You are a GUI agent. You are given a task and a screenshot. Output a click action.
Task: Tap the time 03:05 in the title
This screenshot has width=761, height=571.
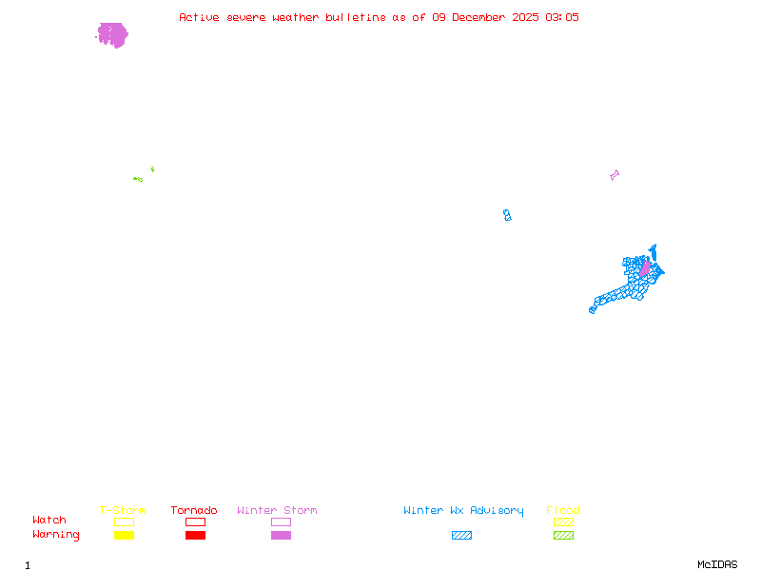tap(562, 17)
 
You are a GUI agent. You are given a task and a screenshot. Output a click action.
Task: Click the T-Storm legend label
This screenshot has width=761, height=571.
tap(123, 511)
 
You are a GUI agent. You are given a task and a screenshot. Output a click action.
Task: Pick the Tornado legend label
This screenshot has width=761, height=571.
tap(194, 511)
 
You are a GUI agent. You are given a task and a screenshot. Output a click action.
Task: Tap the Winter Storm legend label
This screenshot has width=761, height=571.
tap(277, 511)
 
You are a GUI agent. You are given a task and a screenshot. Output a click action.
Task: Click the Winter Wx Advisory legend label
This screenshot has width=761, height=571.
tap(463, 511)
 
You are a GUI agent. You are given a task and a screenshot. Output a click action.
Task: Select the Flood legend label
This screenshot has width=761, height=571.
tap(563, 511)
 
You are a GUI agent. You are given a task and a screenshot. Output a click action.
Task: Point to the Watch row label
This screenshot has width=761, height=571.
tap(49, 521)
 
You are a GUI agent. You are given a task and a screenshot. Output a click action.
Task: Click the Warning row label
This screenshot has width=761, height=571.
tap(56, 535)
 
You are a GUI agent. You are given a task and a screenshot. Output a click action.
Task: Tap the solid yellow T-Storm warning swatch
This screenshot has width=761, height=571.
tap(124, 535)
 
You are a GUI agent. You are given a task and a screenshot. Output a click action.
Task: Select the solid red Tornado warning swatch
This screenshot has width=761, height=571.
tap(195, 535)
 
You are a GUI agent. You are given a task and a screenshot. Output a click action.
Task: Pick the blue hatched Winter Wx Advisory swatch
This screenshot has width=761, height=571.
tap(461, 535)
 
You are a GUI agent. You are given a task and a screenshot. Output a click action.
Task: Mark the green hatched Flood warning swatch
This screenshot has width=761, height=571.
tap(563, 535)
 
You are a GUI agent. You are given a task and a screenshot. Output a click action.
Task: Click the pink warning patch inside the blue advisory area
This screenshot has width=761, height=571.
tap(645, 269)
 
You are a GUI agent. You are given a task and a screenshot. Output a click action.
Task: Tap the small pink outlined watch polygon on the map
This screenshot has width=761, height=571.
tap(615, 175)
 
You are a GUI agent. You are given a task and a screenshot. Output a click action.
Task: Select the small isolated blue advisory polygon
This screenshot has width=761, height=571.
tap(507, 215)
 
